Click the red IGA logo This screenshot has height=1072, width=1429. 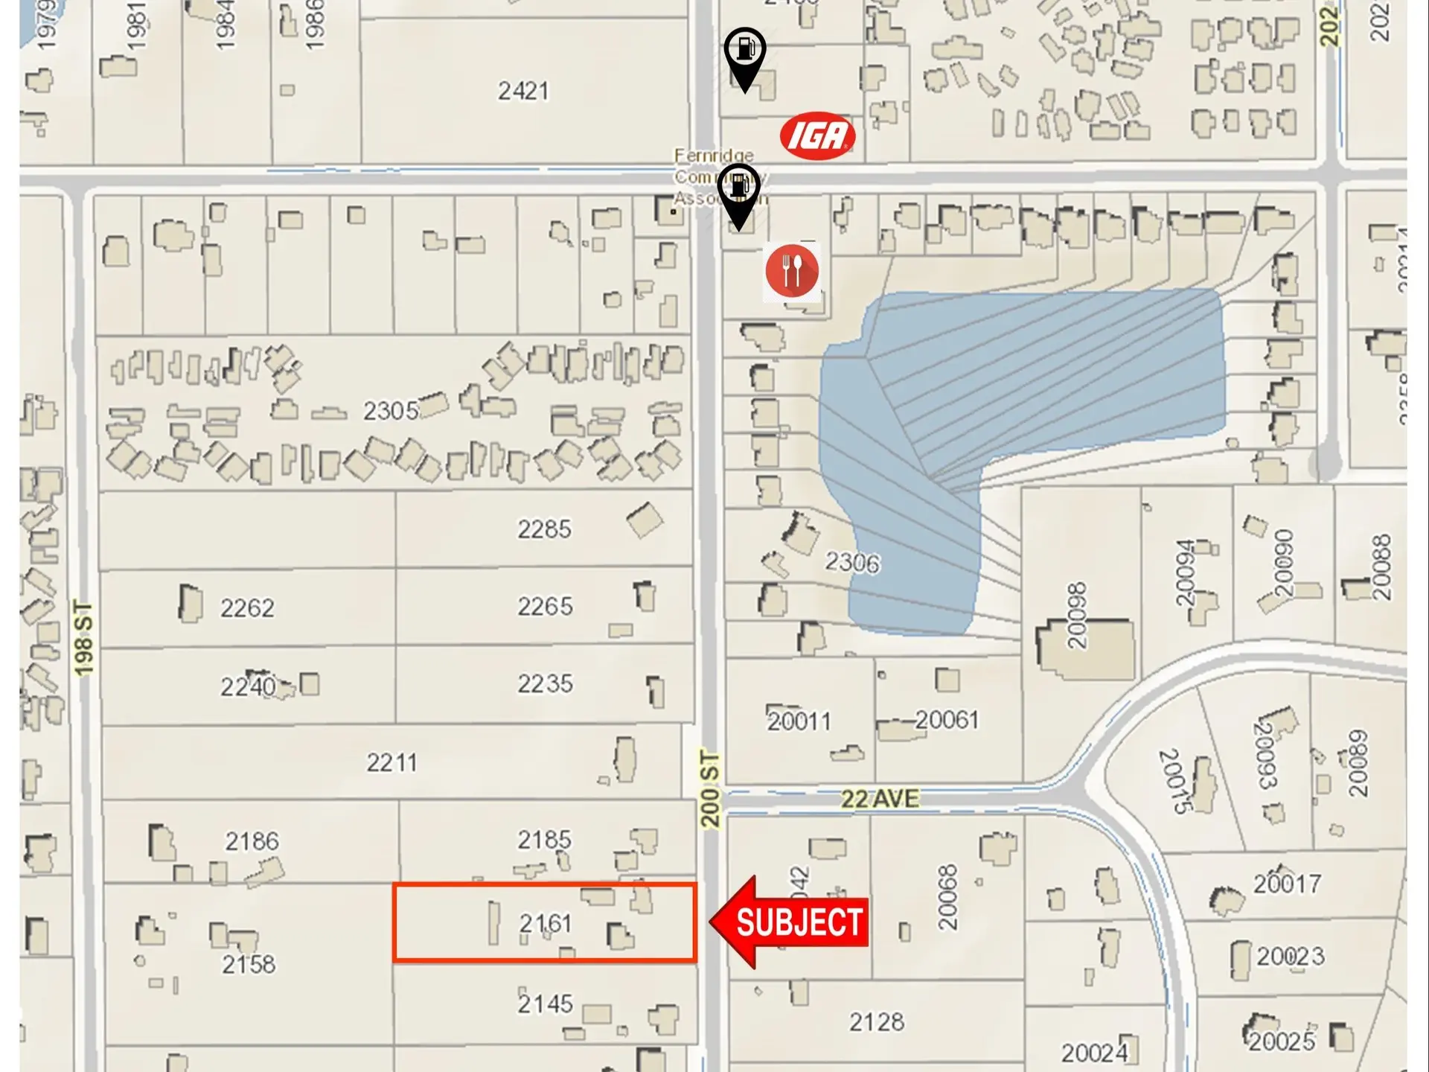point(817,135)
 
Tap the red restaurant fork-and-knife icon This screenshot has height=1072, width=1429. point(792,270)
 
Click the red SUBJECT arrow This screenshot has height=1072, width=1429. point(790,922)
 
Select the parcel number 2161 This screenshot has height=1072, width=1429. point(546,923)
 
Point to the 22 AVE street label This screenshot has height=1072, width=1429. point(879,799)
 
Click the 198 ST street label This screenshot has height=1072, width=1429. point(84,639)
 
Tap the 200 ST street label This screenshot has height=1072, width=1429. point(710,790)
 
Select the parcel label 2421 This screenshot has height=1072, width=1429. point(523,91)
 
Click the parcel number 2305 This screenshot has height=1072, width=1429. point(391,410)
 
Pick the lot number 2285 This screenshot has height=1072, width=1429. point(544,529)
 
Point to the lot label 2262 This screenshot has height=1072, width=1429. point(247,607)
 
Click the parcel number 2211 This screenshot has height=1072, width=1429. point(391,762)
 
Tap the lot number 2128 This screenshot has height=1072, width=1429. point(877,1021)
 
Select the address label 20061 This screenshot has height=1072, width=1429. point(947,720)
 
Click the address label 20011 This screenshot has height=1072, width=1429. point(799,721)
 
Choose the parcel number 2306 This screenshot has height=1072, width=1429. point(851,562)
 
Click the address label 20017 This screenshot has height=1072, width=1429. point(1287,884)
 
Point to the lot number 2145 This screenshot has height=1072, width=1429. point(546,1004)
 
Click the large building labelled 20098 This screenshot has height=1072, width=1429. point(1087,648)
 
